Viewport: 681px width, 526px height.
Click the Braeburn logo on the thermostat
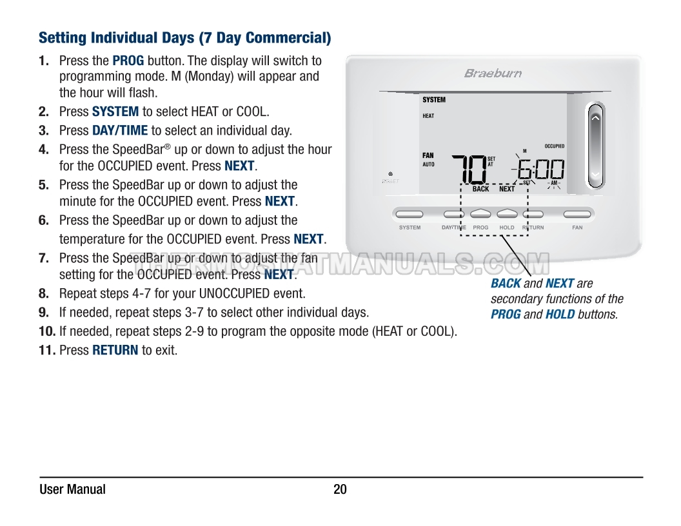pos(493,73)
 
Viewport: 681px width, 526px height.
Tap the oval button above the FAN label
pos(577,214)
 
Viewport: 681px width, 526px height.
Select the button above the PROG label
pos(480,214)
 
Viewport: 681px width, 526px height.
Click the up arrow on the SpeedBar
pos(595,118)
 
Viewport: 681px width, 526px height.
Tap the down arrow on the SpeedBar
pos(595,174)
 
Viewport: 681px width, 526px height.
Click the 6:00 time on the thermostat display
pos(540,170)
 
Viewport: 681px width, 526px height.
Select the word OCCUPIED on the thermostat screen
pos(554,146)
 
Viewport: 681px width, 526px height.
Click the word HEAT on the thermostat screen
pos(428,116)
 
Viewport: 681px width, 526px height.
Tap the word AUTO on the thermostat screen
pos(428,164)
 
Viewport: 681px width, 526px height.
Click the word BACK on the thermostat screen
pos(480,189)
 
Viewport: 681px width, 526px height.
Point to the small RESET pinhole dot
pos(390,174)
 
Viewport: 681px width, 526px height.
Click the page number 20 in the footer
pos(340,489)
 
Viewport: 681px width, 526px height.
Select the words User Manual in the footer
pos(72,489)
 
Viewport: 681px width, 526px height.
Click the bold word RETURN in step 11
pos(115,350)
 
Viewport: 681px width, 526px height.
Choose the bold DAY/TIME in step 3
pos(120,130)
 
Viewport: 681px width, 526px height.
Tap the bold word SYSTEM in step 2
pos(115,112)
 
